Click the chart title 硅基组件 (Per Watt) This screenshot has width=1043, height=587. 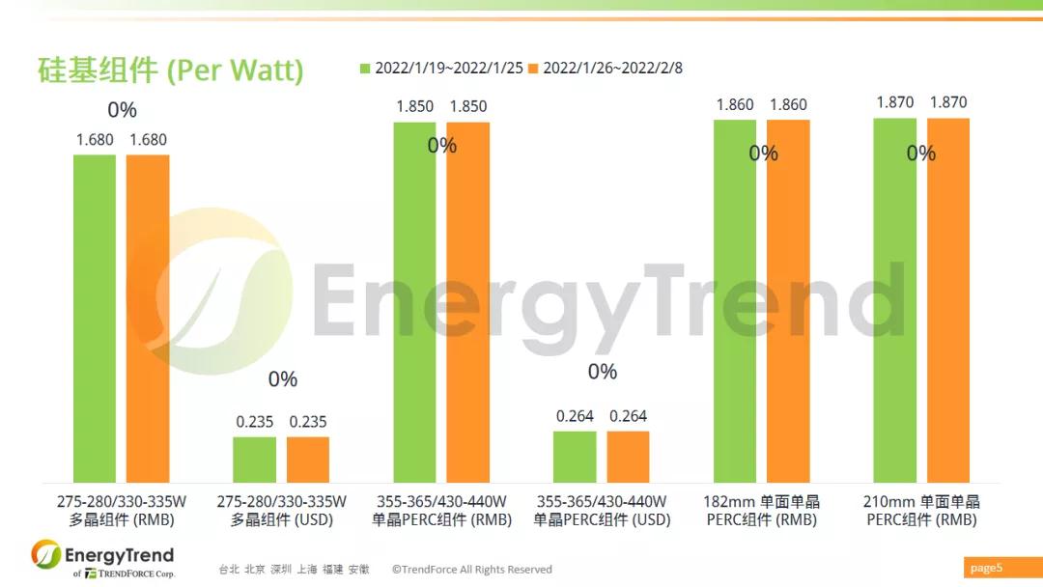(170, 70)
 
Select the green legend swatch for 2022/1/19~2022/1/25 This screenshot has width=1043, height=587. (365, 68)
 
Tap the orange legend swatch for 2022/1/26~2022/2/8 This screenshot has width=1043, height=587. (533, 68)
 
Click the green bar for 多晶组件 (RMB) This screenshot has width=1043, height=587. (94, 319)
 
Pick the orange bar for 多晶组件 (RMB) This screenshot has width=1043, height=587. (148, 319)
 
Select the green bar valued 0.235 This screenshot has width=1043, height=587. (254, 460)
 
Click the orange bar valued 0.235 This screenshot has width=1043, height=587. (308, 460)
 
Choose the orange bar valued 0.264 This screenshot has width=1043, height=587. (628, 457)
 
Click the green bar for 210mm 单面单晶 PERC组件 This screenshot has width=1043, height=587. (894, 300)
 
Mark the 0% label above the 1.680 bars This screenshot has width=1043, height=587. (122, 110)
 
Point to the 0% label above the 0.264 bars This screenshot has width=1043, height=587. (602, 372)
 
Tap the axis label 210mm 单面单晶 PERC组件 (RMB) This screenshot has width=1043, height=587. (921, 511)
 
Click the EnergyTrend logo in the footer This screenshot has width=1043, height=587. (102, 559)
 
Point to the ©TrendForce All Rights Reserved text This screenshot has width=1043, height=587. (471, 570)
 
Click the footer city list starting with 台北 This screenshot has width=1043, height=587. (294, 570)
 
